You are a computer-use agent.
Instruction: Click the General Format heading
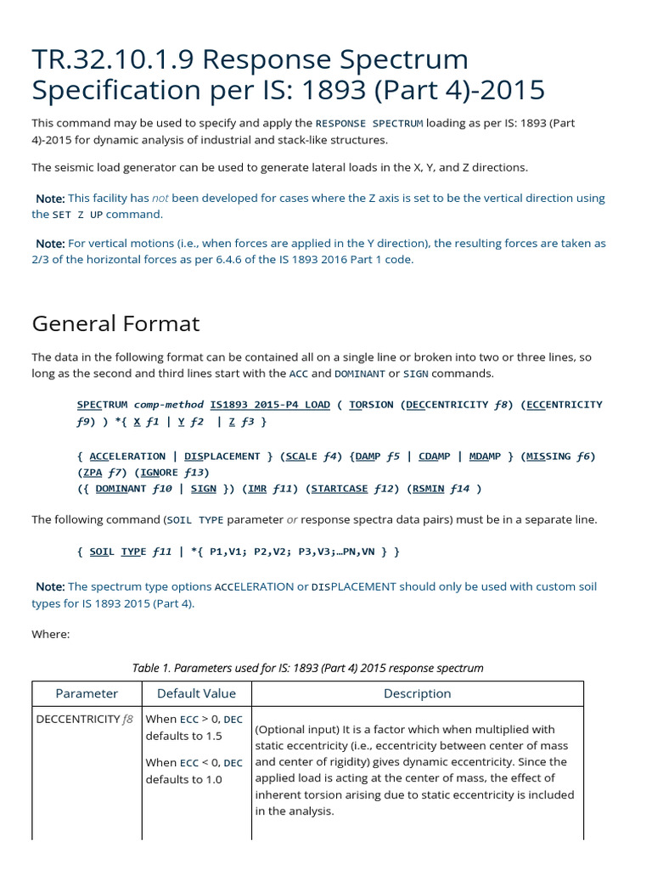point(115,323)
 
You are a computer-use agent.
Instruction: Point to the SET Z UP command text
point(78,215)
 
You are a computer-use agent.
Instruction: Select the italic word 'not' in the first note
point(160,198)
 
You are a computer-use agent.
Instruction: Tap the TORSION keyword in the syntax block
point(371,405)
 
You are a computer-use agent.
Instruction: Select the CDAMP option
point(435,456)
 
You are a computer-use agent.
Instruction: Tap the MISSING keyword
point(548,456)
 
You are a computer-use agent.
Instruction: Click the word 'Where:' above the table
point(50,634)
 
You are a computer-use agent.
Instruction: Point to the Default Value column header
point(196,693)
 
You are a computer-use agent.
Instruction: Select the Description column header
point(417,693)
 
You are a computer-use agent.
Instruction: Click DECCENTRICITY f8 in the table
point(84,720)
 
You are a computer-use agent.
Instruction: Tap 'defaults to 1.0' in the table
point(183,779)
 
